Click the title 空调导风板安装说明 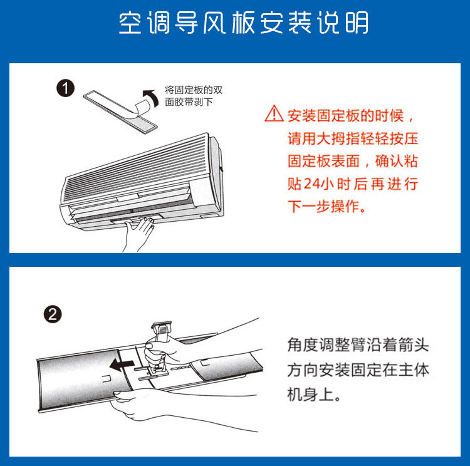(243, 23)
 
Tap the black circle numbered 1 (65, 88)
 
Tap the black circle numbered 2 (53, 314)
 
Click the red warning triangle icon (274, 113)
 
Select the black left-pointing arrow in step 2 (122, 365)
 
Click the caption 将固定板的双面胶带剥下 (194, 96)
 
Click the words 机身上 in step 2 (311, 394)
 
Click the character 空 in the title (130, 23)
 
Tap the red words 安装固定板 (324, 116)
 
